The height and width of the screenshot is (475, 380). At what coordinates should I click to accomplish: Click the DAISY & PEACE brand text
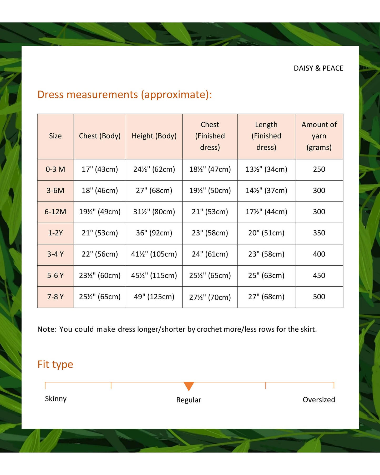click(x=318, y=68)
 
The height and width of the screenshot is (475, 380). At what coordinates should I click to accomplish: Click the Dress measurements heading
click(x=124, y=95)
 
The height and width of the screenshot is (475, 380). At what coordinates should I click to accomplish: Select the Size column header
click(x=55, y=136)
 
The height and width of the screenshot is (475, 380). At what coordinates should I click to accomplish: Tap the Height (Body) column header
click(x=154, y=136)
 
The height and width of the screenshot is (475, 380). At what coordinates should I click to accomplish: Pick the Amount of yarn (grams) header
click(x=319, y=136)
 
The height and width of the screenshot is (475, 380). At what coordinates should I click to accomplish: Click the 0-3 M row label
click(x=55, y=169)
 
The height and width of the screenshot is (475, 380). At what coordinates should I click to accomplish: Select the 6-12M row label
click(x=55, y=212)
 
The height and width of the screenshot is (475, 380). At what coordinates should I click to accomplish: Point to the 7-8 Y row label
click(x=55, y=297)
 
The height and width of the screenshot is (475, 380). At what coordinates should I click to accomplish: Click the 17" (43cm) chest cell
click(x=100, y=169)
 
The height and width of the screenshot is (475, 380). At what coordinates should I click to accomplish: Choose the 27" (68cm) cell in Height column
click(x=154, y=191)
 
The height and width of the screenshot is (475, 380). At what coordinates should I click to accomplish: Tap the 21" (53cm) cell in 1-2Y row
click(x=100, y=233)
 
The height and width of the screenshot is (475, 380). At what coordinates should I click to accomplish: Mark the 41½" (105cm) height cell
click(x=154, y=254)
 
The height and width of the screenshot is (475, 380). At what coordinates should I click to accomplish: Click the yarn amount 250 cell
click(x=319, y=169)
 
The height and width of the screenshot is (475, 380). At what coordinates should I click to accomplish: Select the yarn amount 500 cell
click(x=319, y=297)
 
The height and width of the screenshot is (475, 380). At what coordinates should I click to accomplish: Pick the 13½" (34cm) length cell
click(x=266, y=169)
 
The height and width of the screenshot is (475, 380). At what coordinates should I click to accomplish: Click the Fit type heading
click(x=55, y=365)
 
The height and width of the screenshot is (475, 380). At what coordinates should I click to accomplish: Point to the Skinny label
click(x=56, y=399)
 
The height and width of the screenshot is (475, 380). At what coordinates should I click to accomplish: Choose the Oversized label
click(x=319, y=400)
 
